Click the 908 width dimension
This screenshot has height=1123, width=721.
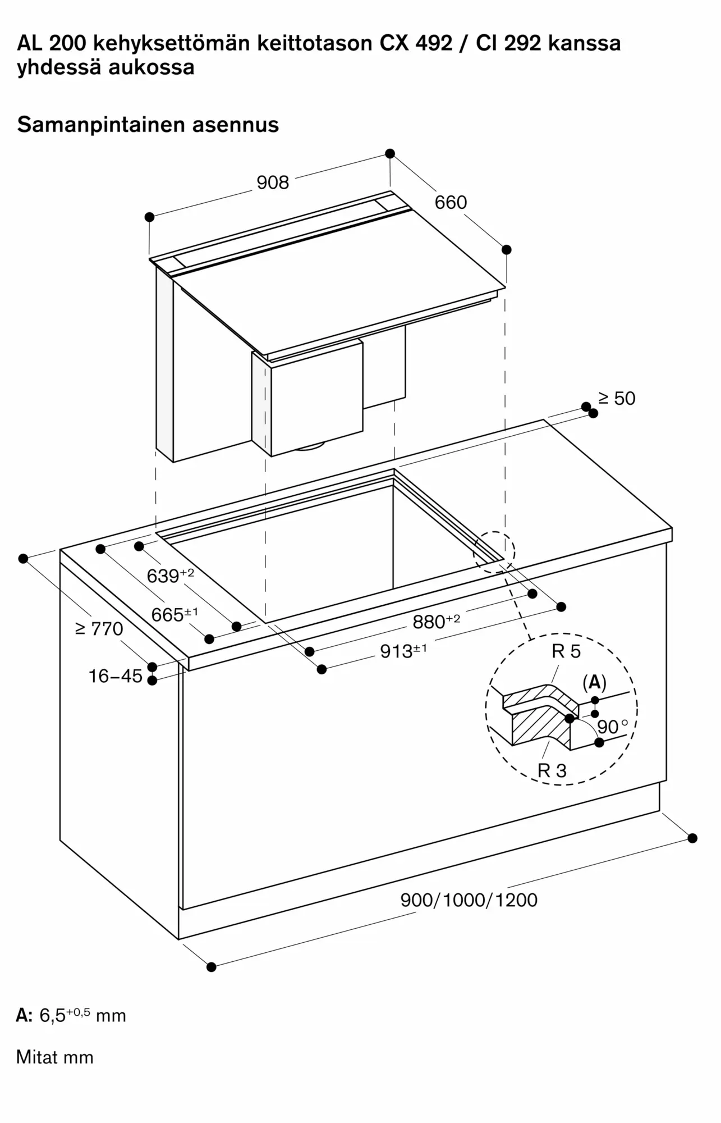[273, 182]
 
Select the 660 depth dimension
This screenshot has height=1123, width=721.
[451, 202]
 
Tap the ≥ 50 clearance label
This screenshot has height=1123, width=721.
[617, 399]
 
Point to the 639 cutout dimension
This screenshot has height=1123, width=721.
[170, 576]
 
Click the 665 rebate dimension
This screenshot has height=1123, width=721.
[174, 614]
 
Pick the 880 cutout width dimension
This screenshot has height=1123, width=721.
[436, 622]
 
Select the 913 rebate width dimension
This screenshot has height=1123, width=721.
[403, 651]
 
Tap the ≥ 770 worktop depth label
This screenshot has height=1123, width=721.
[99, 629]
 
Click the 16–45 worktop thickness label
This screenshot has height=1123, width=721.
[116, 676]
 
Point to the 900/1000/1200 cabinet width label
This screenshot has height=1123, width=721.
[469, 900]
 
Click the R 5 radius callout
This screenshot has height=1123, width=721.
[566, 651]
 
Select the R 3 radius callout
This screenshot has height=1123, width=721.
[552, 771]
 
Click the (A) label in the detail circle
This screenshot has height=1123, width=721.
[594, 682]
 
